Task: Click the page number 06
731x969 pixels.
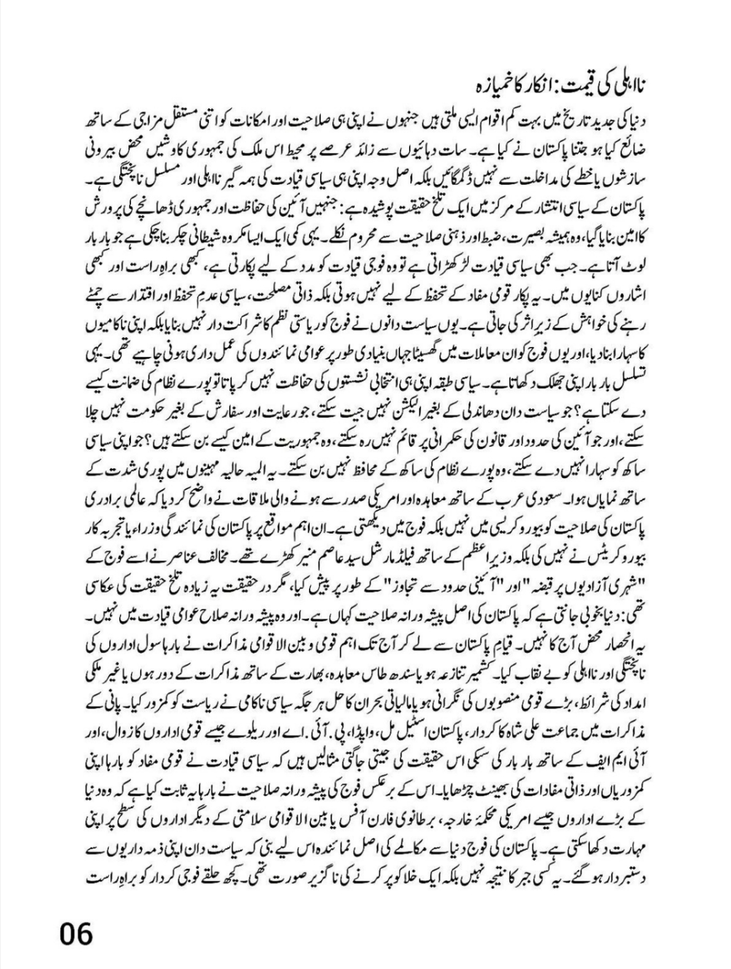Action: tap(76, 933)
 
